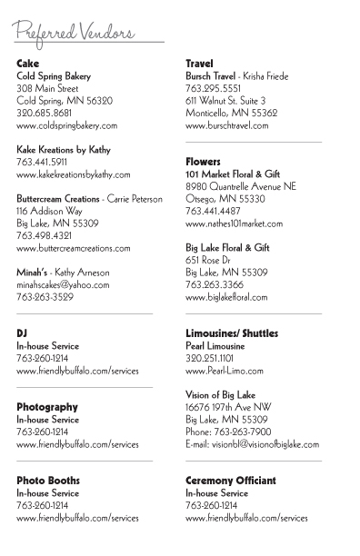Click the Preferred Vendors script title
tap(75, 32)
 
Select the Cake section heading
tap(28, 64)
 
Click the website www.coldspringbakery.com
tap(67, 125)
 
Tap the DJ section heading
tap(23, 333)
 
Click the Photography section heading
tap(47, 407)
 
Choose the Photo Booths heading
tap(48, 480)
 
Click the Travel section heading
tap(199, 64)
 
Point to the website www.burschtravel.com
tap(231, 125)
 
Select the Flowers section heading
tap(204, 161)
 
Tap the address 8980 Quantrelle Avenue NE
tap(241, 185)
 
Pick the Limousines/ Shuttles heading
tap(232, 333)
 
